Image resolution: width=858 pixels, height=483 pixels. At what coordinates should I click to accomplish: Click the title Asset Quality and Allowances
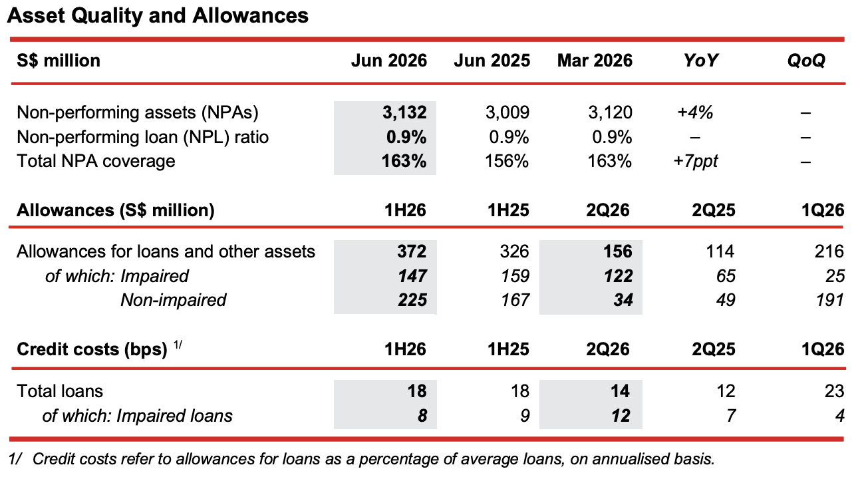click(158, 16)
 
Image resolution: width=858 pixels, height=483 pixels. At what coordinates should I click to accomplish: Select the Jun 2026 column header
click(389, 61)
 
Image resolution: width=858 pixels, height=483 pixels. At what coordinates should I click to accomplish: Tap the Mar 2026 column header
click(595, 61)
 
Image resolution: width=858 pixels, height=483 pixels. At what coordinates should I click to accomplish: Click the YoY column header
click(701, 61)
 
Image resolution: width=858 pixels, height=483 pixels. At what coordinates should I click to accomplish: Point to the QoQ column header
click(806, 61)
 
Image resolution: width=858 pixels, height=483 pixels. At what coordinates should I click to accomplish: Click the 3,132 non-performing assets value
click(404, 112)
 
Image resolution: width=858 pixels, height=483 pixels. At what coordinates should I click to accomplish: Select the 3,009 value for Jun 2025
click(507, 112)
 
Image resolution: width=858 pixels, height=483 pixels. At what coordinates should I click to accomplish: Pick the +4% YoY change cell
click(695, 112)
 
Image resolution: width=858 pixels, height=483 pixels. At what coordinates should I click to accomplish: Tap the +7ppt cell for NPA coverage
click(696, 161)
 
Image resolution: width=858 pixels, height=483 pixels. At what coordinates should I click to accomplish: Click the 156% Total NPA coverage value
click(507, 161)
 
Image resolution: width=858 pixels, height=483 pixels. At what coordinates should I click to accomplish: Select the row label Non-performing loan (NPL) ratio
click(142, 137)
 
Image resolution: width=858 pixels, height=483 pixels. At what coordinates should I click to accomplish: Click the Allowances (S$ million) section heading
click(115, 210)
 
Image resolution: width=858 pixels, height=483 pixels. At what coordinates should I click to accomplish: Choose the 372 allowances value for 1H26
click(412, 251)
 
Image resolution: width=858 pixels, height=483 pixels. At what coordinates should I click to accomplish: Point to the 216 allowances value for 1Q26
click(829, 251)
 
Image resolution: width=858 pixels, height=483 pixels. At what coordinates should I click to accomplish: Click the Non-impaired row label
click(173, 300)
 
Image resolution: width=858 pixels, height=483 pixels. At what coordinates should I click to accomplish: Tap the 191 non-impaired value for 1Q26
click(829, 300)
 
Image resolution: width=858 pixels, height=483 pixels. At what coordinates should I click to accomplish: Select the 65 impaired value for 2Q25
click(726, 276)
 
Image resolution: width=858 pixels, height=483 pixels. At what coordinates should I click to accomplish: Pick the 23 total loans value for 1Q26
click(834, 391)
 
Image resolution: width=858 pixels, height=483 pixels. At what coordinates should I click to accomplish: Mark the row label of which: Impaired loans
click(137, 416)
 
